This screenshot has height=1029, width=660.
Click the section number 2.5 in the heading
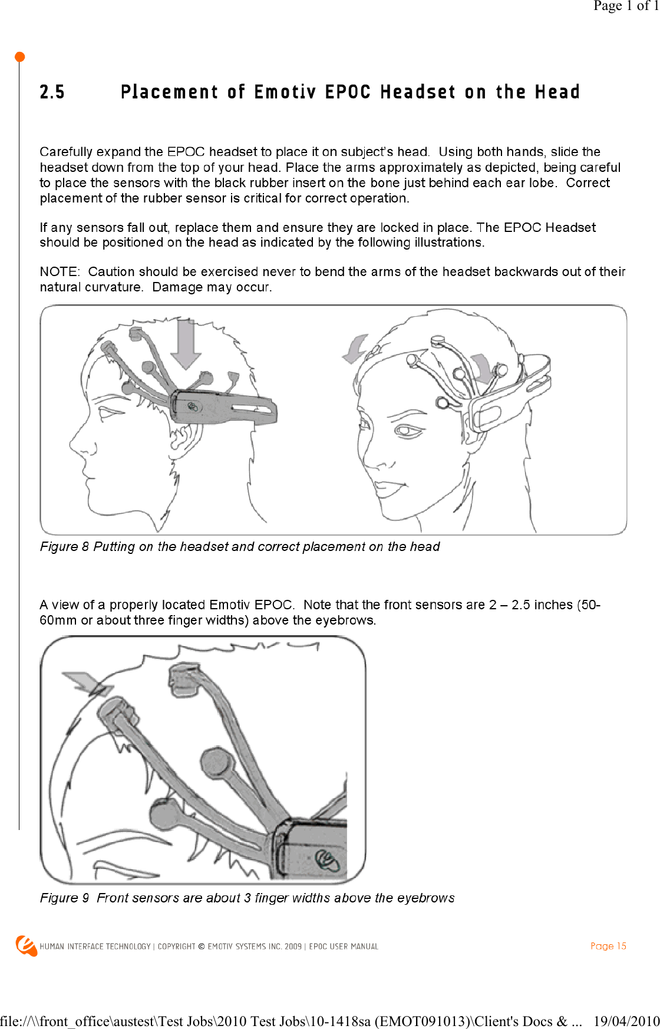pyautogui.click(x=52, y=92)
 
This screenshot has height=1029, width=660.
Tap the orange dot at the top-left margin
pyautogui.click(x=19, y=57)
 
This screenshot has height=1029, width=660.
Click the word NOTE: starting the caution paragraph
pyautogui.click(x=60, y=272)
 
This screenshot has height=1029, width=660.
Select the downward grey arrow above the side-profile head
pyautogui.click(x=186, y=344)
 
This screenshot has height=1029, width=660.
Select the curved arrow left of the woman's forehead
pyautogui.click(x=355, y=349)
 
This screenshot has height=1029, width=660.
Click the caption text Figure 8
pyautogui.click(x=64, y=547)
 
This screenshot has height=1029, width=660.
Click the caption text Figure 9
pyautogui.click(x=64, y=898)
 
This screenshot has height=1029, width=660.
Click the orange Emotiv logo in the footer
pyautogui.click(x=27, y=946)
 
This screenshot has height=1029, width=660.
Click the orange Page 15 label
pyautogui.click(x=608, y=946)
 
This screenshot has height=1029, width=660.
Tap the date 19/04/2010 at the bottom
pyautogui.click(x=626, y=1021)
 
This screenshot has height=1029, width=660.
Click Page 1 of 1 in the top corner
pyautogui.click(x=626, y=6)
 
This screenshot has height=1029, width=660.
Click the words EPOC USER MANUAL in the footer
pyautogui.click(x=344, y=947)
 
